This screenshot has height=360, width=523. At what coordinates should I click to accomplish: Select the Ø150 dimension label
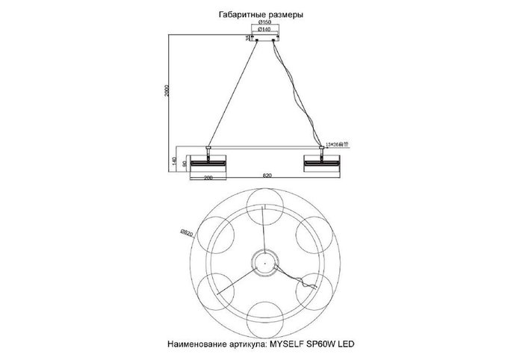pyautogui.click(x=264, y=24)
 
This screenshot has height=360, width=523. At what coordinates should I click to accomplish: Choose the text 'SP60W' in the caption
pyautogui.click(x=334, y=344)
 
